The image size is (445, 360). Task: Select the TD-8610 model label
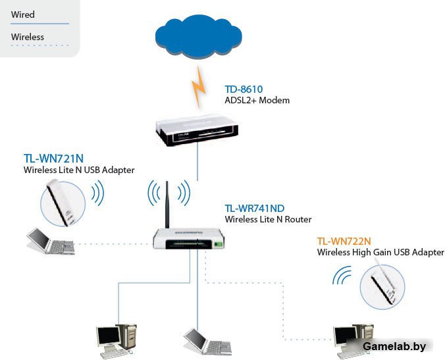pyautogui.click(x=244, y=89)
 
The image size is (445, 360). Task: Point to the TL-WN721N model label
pyautogui.click(x=53, y=159)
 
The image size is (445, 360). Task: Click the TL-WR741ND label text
pyautogui.click(x=255, y=209)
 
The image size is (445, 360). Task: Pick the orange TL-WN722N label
pyautogui.click(x=346, y=242)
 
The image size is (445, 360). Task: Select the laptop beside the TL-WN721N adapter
pyautogui.click(x=50, y=242)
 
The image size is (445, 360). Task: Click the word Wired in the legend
pyautogui.click(x=23, y=14)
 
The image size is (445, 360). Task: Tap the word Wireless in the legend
pyautogui.click(x=28, y=37)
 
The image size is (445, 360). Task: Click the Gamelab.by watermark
pyautogui.click(x=394, y=347)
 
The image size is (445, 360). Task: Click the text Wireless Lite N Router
pyautogui.click(x=268, y=219)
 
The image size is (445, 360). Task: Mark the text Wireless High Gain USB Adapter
pyautogui.click(x=380, y=252)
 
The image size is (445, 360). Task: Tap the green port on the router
pyautogui.click(x=218, y=245)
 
